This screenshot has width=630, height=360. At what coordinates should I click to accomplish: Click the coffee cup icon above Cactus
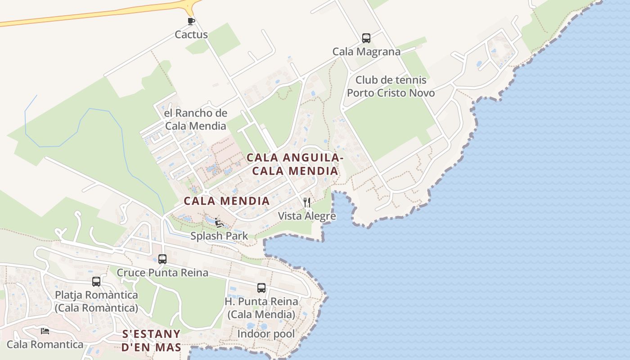[x=191, y=21]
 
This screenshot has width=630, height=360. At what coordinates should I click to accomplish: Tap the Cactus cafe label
[x=191, y=35]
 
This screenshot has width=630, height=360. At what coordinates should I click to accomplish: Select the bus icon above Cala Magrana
[x=366, y=38]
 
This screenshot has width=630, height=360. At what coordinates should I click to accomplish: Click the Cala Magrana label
[x=366, y=52]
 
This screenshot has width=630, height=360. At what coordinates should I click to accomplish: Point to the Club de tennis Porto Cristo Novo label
[x=391, y=86]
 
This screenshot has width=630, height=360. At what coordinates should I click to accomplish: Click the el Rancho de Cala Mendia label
[x=195, y=119]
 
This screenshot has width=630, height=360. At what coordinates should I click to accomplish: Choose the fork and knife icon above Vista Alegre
[x=307, y=202]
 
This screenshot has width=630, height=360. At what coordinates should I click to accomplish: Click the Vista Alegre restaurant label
[x=307, y=216]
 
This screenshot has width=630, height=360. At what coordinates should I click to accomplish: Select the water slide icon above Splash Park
[x=219, y=223]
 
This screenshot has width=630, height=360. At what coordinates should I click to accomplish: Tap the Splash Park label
[x=219, y=236]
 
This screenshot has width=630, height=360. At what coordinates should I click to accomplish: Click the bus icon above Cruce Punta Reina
[x=162, y=259]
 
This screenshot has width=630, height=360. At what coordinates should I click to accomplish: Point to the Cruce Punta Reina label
[x=162, y=273]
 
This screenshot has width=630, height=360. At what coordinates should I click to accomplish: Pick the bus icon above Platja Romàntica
[x=96, y=282]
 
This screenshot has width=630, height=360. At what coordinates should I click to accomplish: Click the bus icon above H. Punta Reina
[x=261, y=288]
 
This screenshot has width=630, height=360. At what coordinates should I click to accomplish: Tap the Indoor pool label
[x=266, y=334]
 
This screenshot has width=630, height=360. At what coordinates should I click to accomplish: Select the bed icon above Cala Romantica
[x=45, y=331]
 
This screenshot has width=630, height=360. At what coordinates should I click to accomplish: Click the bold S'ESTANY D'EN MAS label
[x=151, y=341]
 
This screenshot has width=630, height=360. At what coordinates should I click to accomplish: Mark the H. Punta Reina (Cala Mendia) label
[x=261, y=308]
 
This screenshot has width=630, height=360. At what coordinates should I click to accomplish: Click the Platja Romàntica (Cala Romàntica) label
[x=96, y=301]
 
